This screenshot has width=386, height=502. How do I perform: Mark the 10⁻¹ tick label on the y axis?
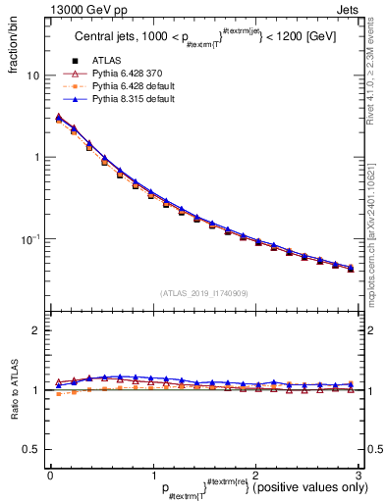29,238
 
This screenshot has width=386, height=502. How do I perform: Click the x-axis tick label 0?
49,476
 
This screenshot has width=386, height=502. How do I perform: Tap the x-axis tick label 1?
152,476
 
